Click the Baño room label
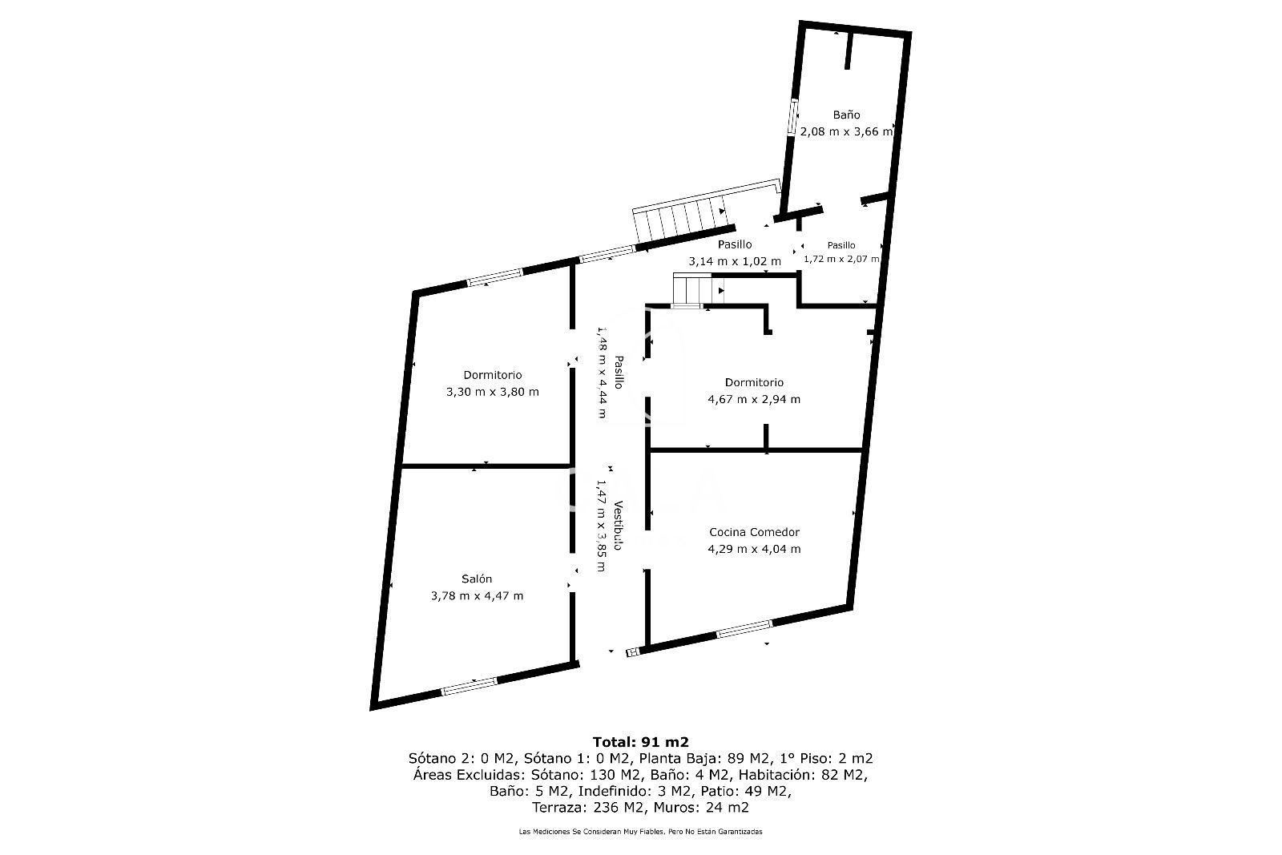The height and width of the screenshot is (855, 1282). pos(846,115)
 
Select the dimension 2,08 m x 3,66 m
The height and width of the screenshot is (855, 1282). pos(846,131)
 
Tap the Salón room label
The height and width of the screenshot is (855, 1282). pos(477,579)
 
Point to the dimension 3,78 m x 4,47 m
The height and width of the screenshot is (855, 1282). pos(477,595)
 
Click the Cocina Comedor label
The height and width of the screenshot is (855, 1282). pos(754,532)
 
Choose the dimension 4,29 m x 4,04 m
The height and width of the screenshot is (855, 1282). pos(754,550)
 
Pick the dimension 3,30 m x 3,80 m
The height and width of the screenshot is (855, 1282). pos(492,392)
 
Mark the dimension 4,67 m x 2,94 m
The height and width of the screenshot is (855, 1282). pos(754,400)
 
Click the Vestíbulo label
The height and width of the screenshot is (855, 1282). pos(618,526)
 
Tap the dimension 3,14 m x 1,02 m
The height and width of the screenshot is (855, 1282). pos(734,261)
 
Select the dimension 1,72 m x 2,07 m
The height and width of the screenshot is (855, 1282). pos(841,259)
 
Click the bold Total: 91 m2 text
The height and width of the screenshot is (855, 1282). pos(640,742)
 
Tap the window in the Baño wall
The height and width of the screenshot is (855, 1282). pos(792,117)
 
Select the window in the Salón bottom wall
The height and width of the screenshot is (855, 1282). pos(470,686)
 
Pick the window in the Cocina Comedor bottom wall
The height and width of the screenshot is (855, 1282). pos(744,629)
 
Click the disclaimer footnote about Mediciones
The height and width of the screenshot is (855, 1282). pos(640,832)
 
